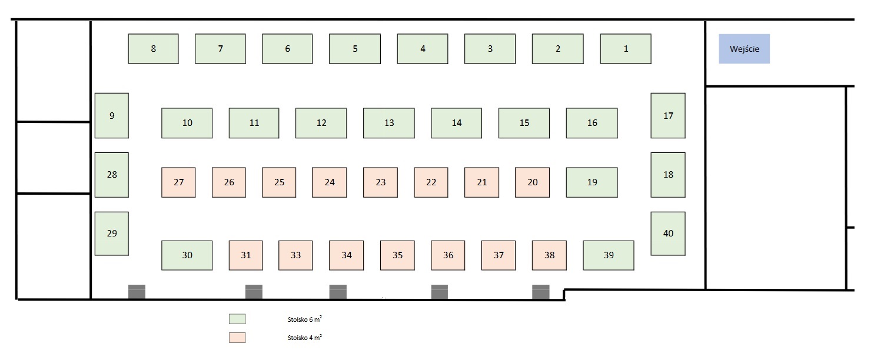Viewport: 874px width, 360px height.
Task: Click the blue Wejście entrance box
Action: tap(744, 49)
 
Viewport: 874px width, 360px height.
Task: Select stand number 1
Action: tap(626, 49)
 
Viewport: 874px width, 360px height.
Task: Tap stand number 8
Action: tap(153, 49)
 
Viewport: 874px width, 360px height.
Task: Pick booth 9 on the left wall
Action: tap(112, 115)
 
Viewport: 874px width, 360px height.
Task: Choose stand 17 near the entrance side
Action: tap(668, 115)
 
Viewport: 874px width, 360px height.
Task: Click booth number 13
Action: tap(389, 123)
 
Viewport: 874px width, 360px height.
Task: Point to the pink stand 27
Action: tap(178, 182)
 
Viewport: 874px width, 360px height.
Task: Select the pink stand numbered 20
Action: tap(533, 182)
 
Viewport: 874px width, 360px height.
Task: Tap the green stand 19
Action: tap(592, 182)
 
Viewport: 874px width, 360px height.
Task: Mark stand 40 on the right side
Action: tap(668, 234)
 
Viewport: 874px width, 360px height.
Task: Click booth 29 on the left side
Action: tap(112, 234)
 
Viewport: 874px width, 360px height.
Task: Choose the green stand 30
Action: tap(187, 255)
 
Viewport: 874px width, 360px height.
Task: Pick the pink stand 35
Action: tap(397, 255)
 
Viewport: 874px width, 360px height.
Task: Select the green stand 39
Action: tap(609, 255)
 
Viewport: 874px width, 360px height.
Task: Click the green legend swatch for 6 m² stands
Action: tap(237, 319)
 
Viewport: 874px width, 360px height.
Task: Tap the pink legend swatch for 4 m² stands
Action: tap(237, 338)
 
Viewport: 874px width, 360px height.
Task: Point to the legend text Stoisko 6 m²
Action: tap(304, 319)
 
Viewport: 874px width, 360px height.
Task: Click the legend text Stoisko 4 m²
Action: tap(304, 338)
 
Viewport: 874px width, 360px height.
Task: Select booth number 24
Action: tap(330, 182)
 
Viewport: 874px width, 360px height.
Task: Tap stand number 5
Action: tap(355, 49)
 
